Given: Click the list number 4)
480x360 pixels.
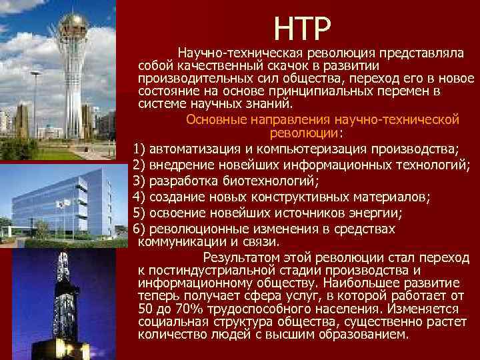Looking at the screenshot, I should click(140, 197).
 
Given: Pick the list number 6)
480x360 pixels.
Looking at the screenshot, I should click(140, 229).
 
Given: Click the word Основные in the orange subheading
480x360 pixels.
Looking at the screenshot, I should click(213, 120).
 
